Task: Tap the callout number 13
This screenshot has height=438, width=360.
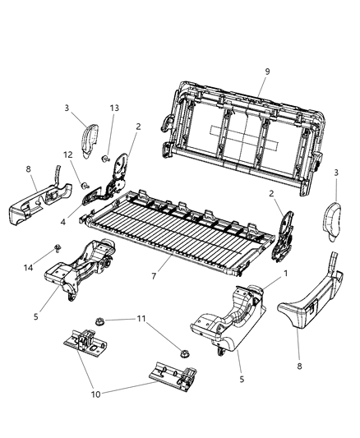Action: click(x=114, y=108)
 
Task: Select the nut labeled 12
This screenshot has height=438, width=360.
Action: click(x=85, y=185)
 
